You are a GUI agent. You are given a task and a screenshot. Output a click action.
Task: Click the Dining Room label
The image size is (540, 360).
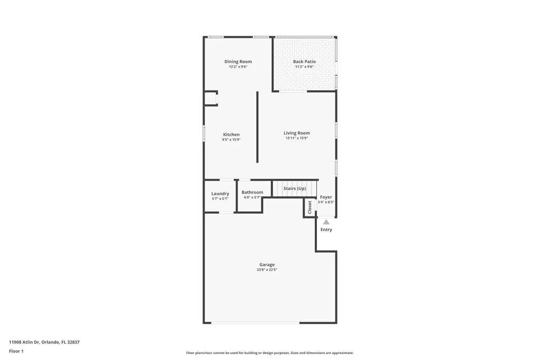coord(238,62)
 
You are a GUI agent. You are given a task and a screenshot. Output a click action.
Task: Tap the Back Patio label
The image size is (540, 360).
coord(304,62)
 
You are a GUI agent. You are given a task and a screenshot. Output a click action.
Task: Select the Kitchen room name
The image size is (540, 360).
coord(231,134)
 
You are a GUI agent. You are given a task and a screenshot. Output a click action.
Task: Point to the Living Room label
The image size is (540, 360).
coord(296,133)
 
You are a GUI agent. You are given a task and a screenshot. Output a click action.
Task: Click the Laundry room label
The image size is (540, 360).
coord(220,193)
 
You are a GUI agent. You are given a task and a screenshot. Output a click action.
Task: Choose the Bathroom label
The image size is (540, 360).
coord(252,192)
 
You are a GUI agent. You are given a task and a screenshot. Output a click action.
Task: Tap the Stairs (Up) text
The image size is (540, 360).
coord(294,188)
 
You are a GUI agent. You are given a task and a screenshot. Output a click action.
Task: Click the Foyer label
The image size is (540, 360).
coord(326,197)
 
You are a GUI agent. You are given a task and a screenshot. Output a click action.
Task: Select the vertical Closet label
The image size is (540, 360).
coord(309,208)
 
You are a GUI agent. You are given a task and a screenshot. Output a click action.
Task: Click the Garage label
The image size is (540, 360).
coord(267,264)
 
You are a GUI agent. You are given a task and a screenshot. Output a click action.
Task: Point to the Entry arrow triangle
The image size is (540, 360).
coord(326,222)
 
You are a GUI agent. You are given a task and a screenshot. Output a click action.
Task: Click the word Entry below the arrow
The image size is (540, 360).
coord(326,229)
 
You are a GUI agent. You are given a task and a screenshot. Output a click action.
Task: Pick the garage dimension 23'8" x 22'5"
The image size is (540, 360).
coord(267,270)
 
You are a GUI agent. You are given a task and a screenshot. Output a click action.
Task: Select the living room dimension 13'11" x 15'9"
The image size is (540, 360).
coord(296,138)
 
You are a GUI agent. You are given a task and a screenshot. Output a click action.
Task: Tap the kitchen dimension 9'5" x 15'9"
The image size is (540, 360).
coord(231,140)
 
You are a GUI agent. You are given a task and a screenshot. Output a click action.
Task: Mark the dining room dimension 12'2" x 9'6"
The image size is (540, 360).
coord(238,67)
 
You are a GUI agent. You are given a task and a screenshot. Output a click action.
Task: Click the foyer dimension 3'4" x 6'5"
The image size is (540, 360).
coord(326,202)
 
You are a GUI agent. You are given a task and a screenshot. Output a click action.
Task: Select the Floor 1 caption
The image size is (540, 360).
coord(16,351)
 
